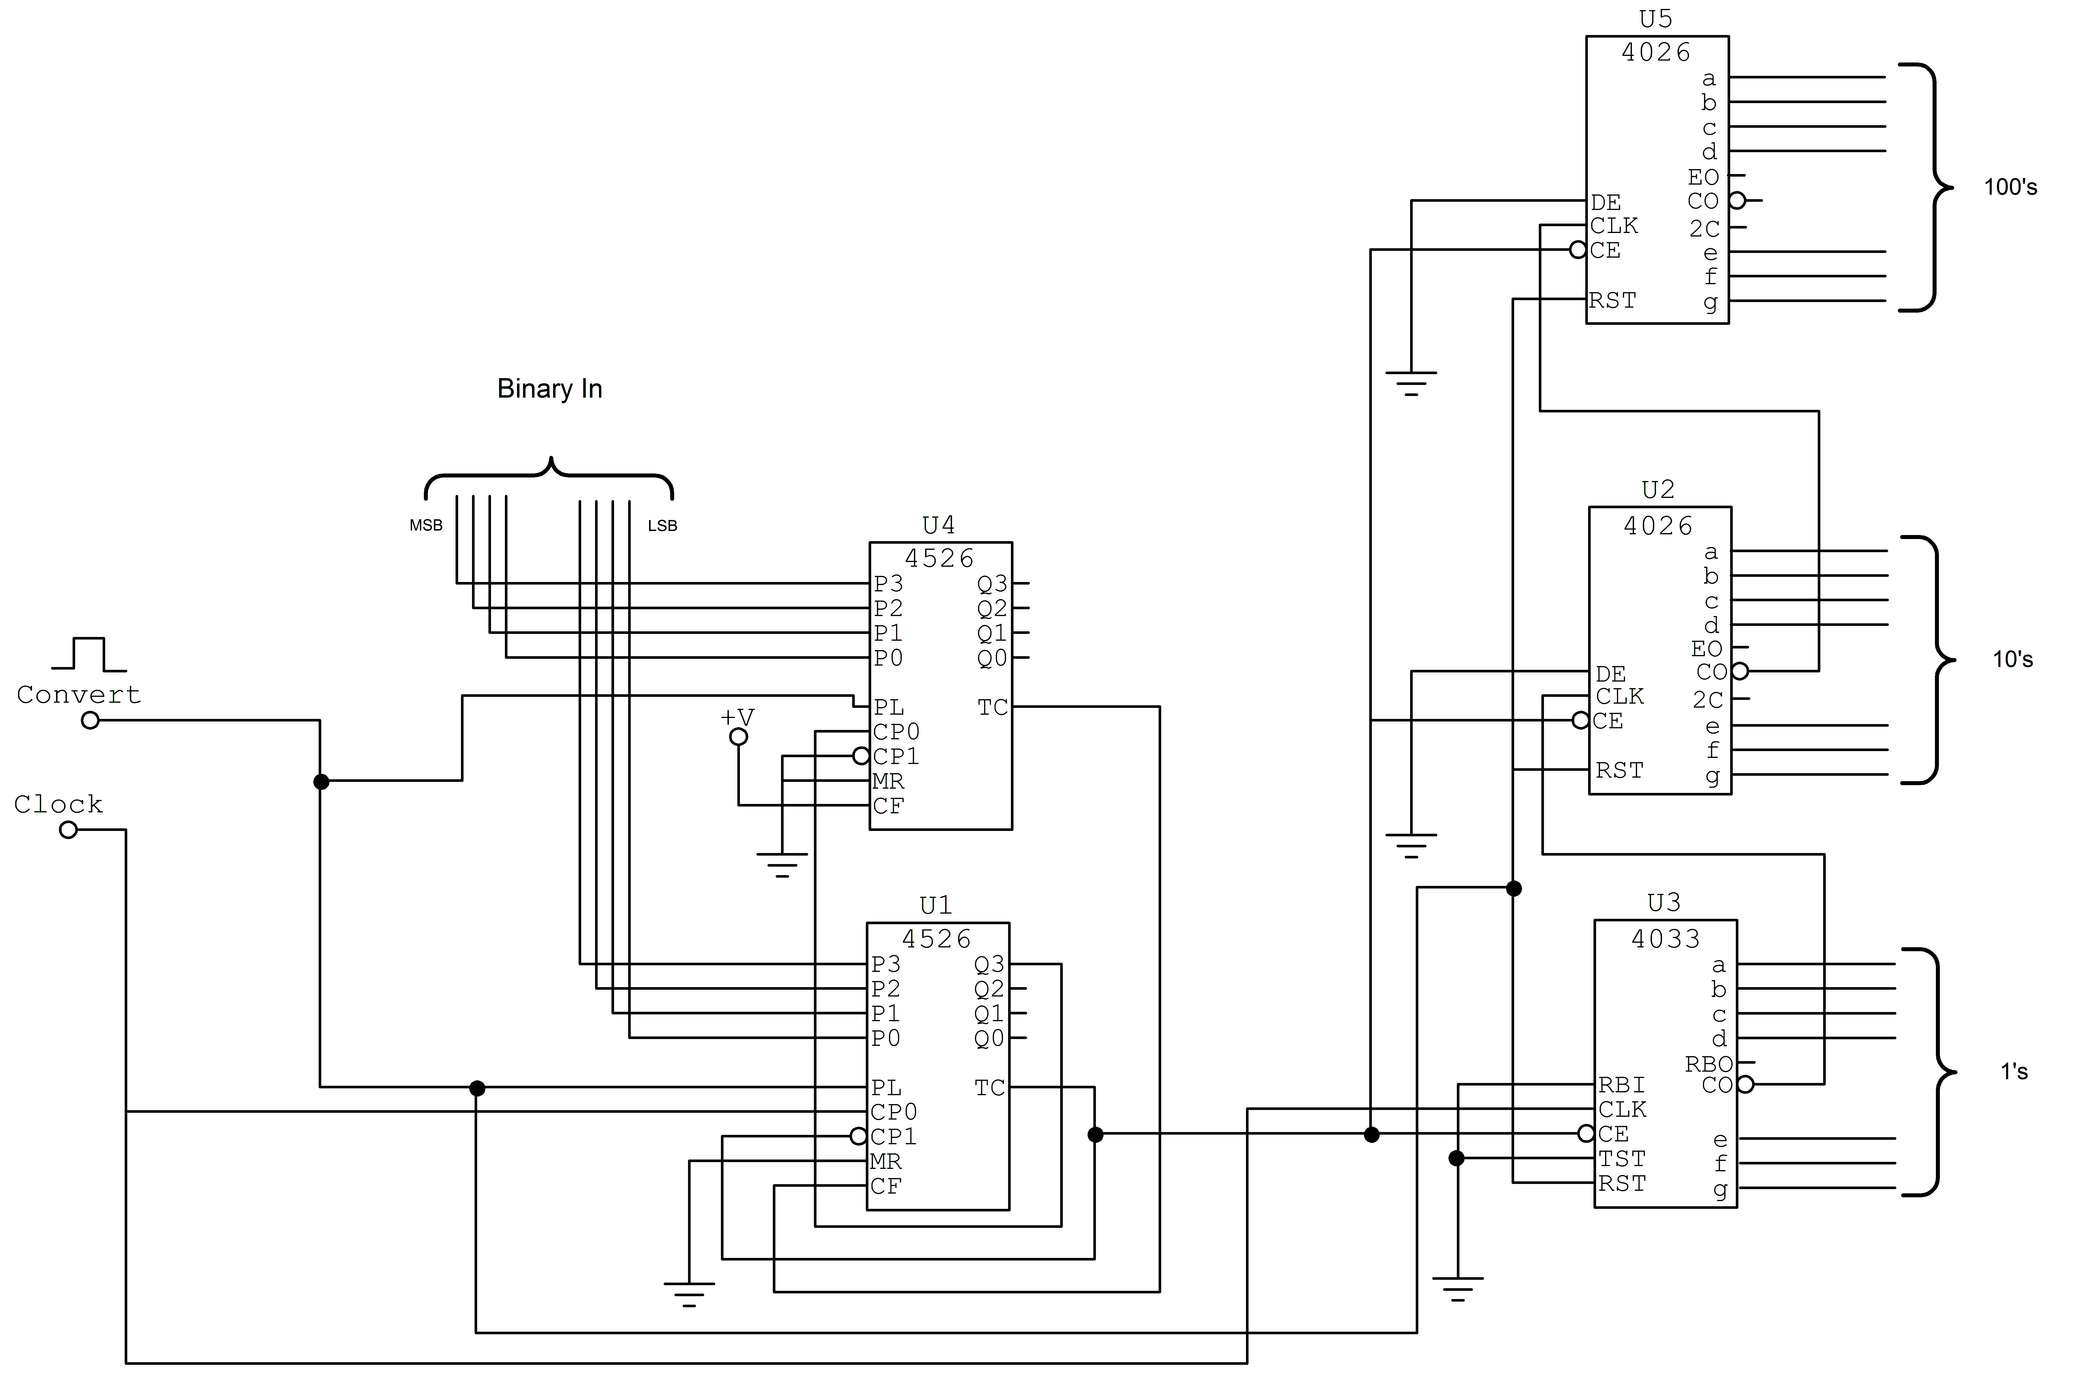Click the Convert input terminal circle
click(x=90, y=720)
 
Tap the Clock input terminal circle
click(x=69, y=830)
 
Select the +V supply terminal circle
click(x=739, y=737)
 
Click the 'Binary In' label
click(x=549, y=388)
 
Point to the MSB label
click(x=426, y=525)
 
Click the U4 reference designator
click(x=938, y=525)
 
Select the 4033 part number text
click(x=1665, y=939)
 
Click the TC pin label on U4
click(x=993, y=708)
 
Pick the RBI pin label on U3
click(x=1621, y=1086)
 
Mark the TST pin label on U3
click(x=1621, y=1159)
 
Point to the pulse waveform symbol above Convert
click(x=89, y=654)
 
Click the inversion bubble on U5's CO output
click(x=1737, y=200)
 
